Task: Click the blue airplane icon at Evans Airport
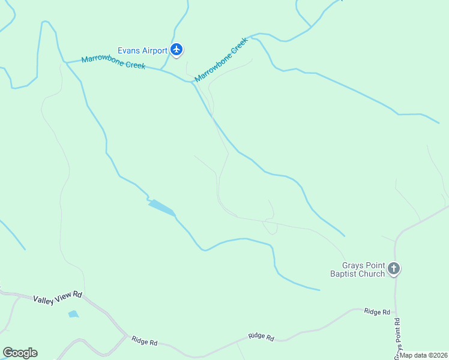click(176, 50)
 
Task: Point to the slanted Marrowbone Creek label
click(221, 61)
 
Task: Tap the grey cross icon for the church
click(394, 269)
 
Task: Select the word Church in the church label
click(372, 274)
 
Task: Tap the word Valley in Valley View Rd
click(44, 299)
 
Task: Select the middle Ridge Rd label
click(261, 337)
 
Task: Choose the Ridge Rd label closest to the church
click(377, 311)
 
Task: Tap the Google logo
click(20, 353)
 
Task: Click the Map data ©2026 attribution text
click(424, 355)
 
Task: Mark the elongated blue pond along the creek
click(161, 207)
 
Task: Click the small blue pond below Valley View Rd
click(73, 314)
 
